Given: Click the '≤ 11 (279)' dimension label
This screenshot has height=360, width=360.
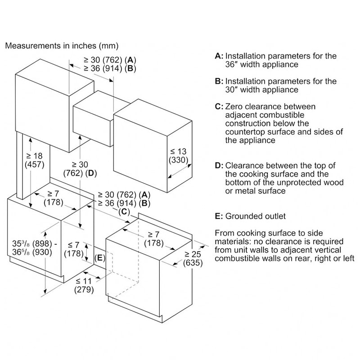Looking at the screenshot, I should [84, 285].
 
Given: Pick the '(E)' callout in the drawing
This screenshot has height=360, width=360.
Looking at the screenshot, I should [99, 258].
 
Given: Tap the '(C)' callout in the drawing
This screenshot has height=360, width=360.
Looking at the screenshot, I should [125, 211].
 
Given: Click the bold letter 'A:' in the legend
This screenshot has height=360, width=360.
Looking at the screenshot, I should [219, 56].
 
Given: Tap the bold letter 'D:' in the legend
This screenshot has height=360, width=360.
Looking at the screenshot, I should [219, 166].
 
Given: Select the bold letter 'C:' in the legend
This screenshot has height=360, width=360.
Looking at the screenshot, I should [219, 107].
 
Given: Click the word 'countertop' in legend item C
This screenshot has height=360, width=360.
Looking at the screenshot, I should [234, 132].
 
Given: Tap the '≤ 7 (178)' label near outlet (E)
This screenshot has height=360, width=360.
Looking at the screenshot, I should [73, 249].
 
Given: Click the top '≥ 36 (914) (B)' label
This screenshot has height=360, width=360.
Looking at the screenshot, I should [109, 68].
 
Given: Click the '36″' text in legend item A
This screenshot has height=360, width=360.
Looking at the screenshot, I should [232, 64].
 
